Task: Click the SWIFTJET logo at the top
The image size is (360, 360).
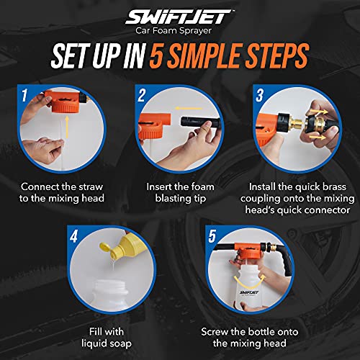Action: tap(180, 16)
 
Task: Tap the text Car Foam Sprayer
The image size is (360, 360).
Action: tap(180, 31)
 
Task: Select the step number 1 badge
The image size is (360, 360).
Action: tap(24, 94)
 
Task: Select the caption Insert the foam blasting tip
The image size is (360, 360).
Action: tap(180, 191)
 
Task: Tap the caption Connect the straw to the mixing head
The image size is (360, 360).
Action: tap(63, 191)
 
